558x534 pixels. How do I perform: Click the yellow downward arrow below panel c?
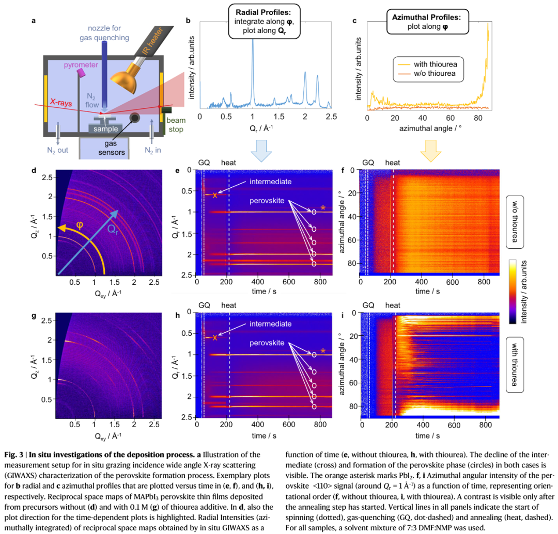click(x=430, y=154)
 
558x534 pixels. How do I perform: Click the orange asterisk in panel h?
click(x=323, y=351)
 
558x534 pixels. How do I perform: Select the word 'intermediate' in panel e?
click(x=271, y=182)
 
